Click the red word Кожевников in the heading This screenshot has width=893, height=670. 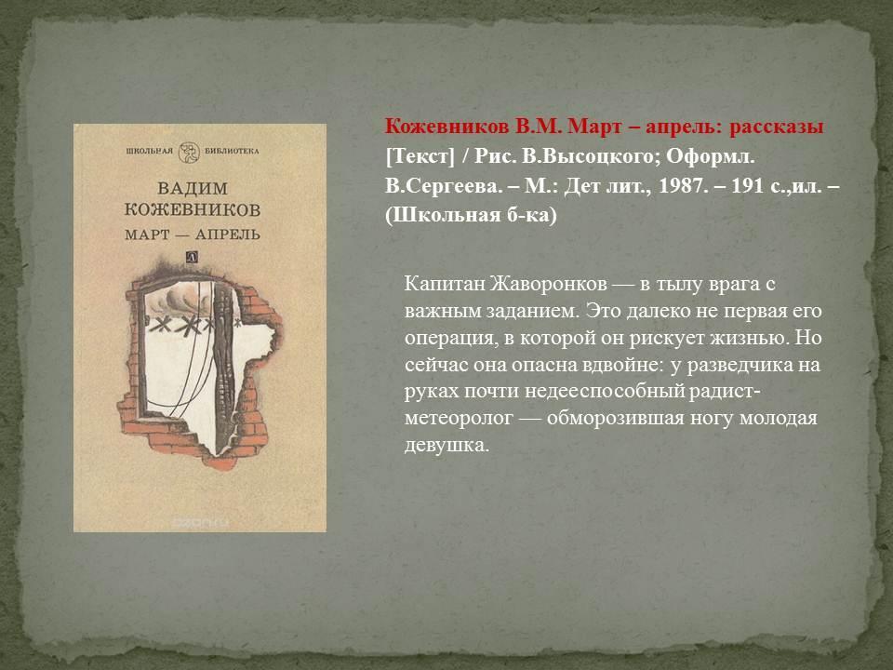tap(447, 127)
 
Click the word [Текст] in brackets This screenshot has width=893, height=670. tap(420, 156)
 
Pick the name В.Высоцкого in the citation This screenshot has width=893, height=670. tap(590, 156)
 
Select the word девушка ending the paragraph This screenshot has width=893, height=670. tap(447, 445)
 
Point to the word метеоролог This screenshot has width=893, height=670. tap(459, 418)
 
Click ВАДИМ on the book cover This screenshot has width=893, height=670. tap(193, 188)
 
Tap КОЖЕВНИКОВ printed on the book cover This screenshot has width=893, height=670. tap(193, 209)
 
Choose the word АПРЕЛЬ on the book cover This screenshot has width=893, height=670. tap(228, 234)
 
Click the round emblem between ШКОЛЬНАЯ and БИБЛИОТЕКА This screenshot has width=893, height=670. tap(189, 152)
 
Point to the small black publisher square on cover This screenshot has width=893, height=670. tap(193, 258)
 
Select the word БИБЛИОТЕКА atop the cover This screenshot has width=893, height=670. tap(232, 151)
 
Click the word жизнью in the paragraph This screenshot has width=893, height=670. tap(749, 337)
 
